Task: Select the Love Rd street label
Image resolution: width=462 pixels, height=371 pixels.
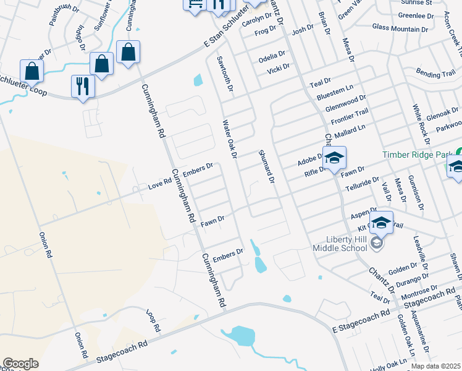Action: point(159,184)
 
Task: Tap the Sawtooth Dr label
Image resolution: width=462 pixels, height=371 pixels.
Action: point(224,74)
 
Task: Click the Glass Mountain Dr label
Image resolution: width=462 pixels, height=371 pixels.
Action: point(400,28)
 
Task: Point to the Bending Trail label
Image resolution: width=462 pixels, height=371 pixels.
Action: point(435,74)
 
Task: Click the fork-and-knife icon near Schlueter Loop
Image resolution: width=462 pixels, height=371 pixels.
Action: point(83,85)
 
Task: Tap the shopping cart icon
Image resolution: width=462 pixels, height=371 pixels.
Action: point(195,4)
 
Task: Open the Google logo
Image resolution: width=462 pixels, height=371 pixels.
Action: point(20,364)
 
